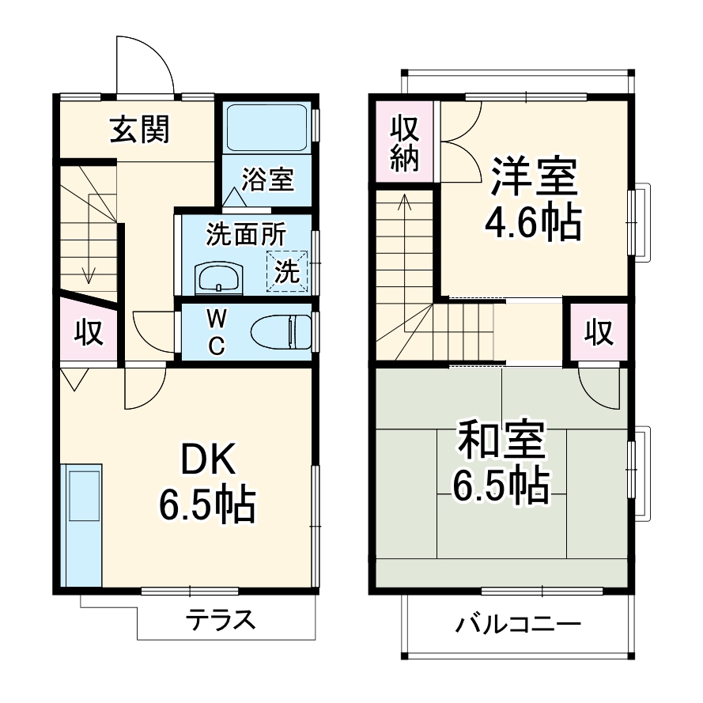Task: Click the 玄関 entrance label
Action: click(x=140, y=130)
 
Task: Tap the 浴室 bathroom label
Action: click(x=268, y=180)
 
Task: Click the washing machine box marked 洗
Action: click(x=286, y=271)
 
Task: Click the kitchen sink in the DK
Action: click(x=84, y=495)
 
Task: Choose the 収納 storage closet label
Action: click(x=404, y=141)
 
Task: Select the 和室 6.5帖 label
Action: click(x=501, y=464)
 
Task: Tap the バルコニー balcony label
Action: click(x=518, y=626)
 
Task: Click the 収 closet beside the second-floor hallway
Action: click(x=599, y=333)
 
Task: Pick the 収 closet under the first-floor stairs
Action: click(x=89, y=333)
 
